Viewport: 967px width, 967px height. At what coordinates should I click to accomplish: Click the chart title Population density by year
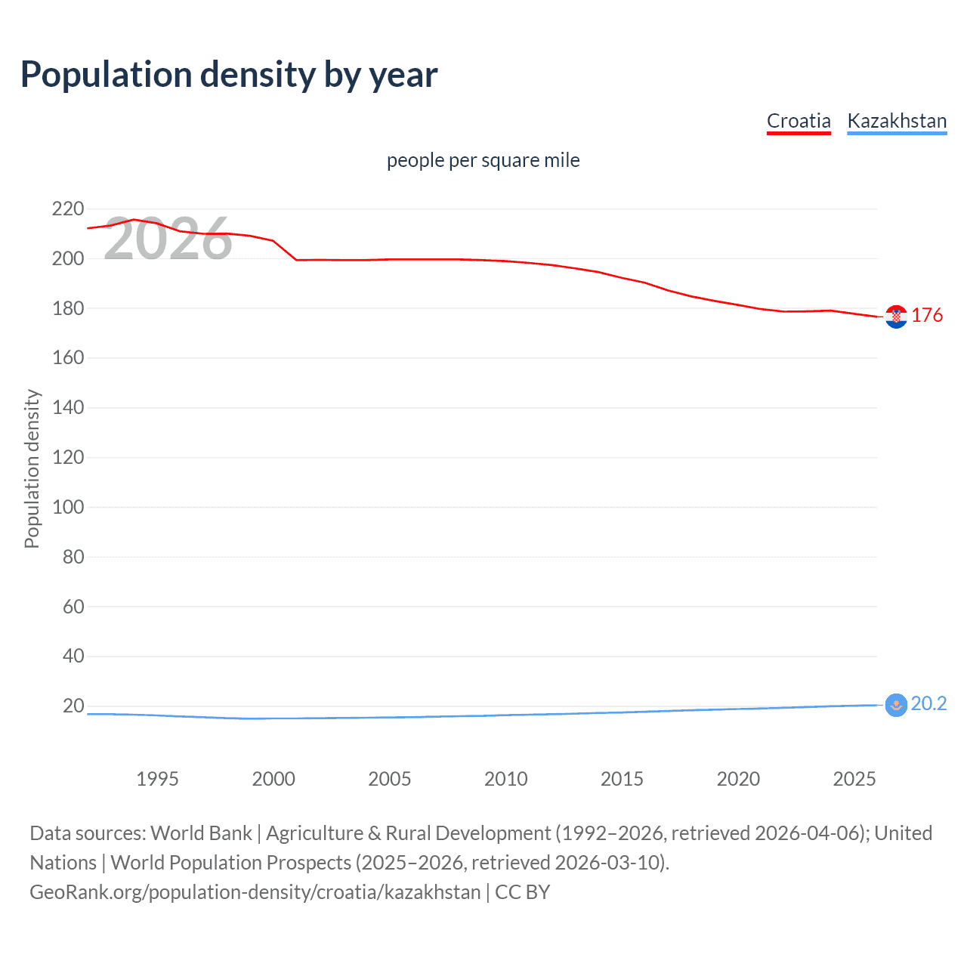[229, 75]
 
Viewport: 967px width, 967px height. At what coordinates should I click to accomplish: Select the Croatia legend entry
[799, 121]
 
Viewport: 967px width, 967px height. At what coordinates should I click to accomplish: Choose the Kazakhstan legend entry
[897, 121]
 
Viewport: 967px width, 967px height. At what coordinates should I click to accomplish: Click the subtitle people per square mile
[483, 160]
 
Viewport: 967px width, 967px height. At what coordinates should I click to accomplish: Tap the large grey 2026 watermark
[168, 239]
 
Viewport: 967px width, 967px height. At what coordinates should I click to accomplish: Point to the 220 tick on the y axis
[68, 209]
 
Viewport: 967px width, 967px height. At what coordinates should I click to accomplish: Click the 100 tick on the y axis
[68, 507]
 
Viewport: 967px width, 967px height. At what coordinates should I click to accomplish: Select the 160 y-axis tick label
[68, 358]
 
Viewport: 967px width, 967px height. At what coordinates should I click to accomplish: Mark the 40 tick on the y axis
[73, 656]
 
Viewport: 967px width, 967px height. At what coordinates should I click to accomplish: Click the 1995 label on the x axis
[157, 779]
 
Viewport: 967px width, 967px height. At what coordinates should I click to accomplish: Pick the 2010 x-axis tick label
[505, 779]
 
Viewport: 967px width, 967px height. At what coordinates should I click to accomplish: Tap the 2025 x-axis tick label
[854, 779]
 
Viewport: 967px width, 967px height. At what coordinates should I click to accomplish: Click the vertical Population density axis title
[32, 468]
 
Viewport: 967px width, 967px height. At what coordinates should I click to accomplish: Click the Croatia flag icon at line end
[896, 317]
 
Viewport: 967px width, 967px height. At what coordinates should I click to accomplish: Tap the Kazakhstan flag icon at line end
[896, 705]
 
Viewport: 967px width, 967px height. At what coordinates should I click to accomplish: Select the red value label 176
[927, 315]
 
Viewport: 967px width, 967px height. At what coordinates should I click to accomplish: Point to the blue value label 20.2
[928, 703]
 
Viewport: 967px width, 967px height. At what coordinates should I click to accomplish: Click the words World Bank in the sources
[201, 833]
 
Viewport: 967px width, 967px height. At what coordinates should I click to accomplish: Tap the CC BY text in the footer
[522, 892]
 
